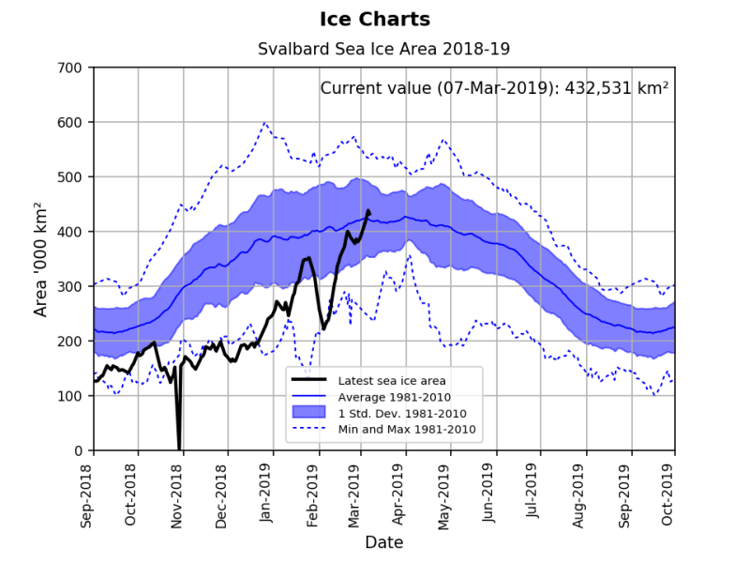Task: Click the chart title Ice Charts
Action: [375, 19]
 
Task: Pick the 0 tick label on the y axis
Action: [79, 451]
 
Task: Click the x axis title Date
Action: [383, 542]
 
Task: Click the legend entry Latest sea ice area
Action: [392, 380]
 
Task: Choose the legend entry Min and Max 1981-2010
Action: [408, 429]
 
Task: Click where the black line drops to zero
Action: [179, 449]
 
